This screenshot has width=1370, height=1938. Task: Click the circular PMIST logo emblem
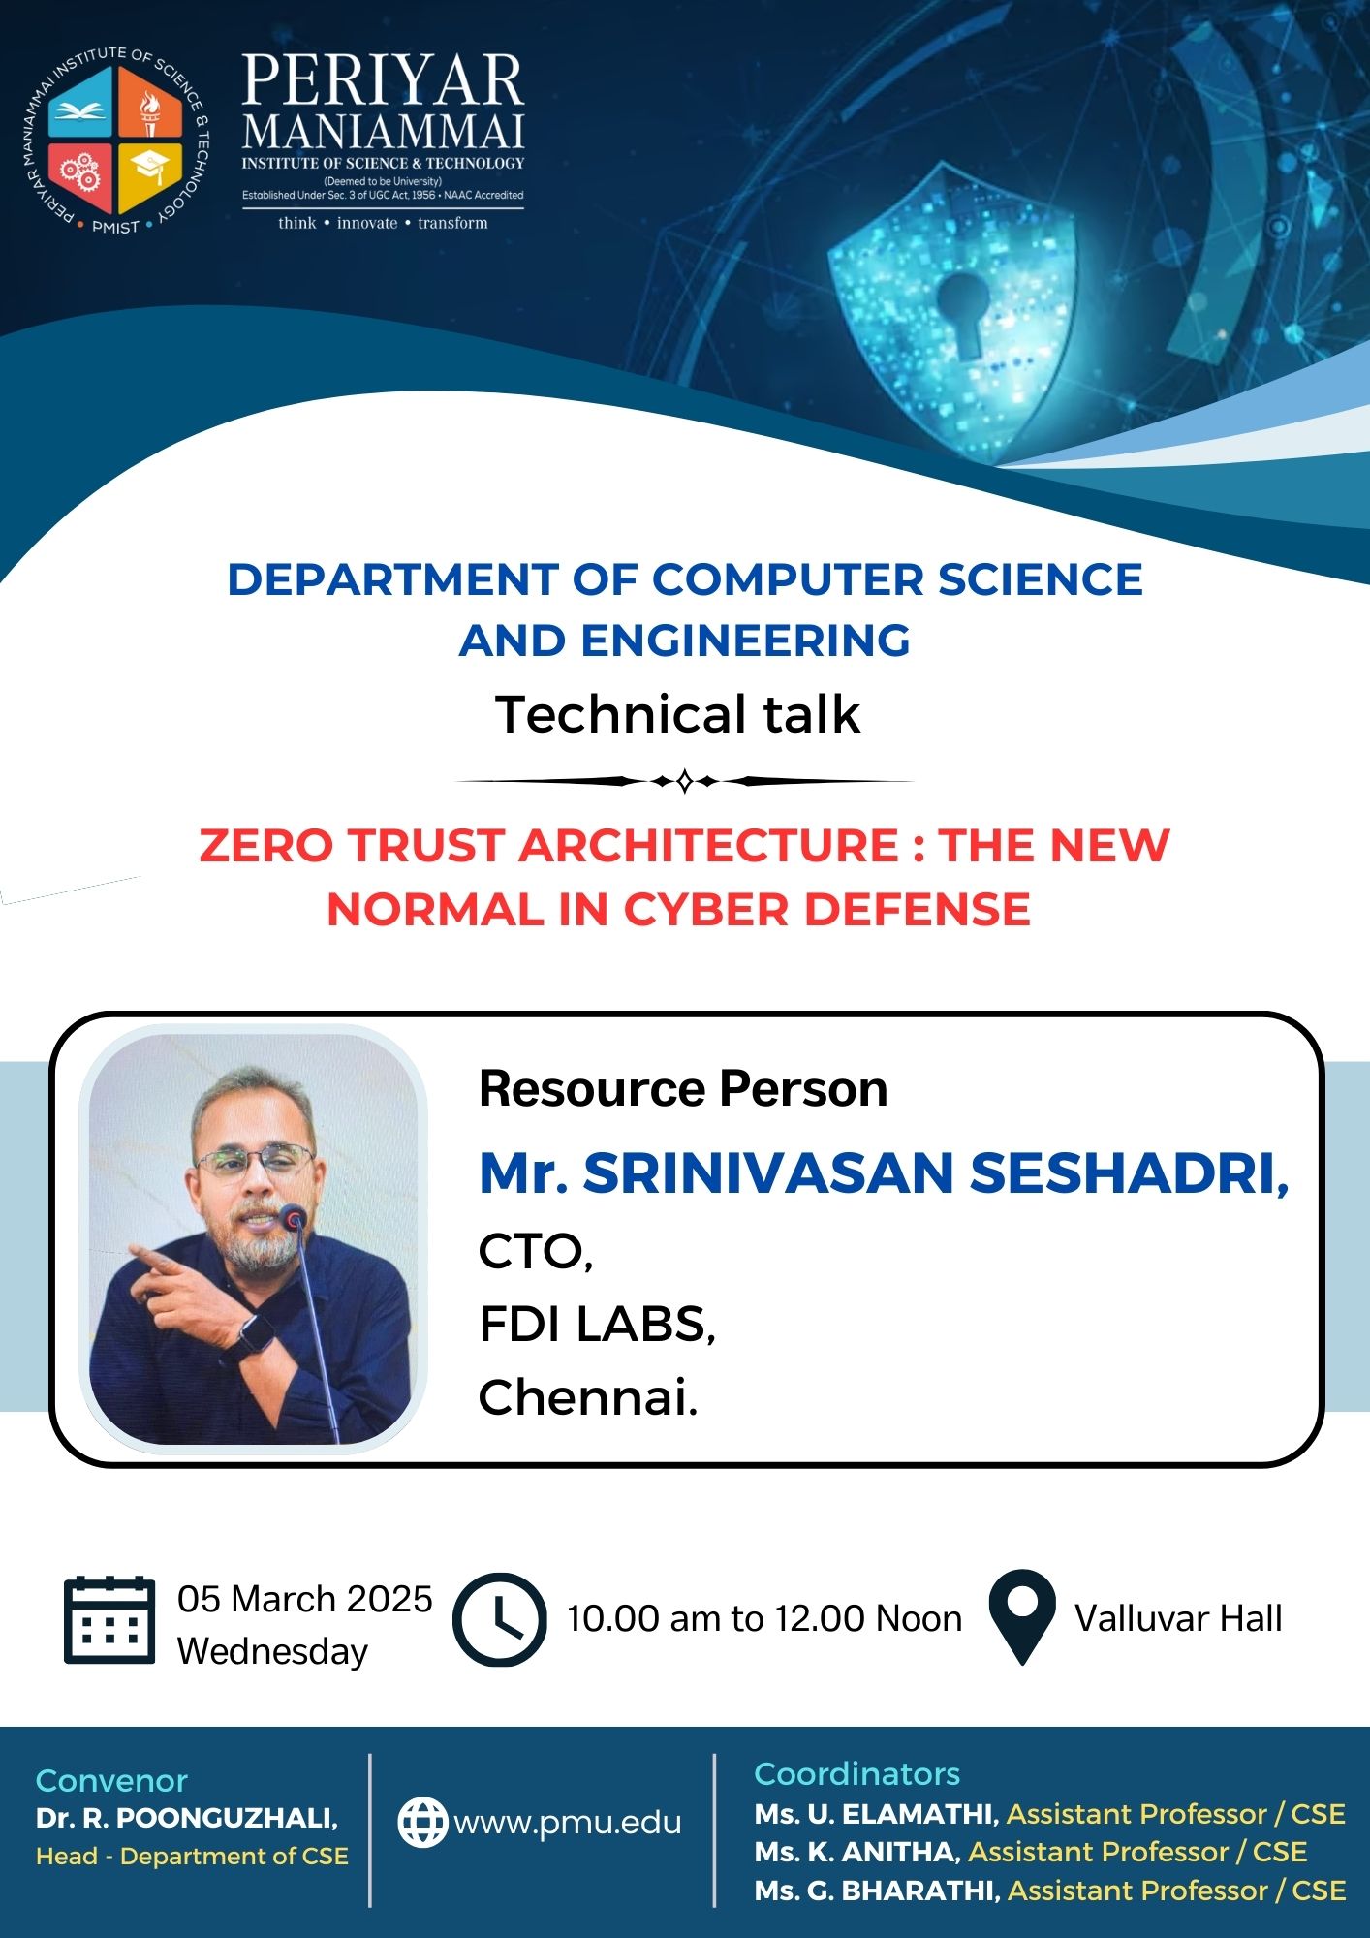[115, 141]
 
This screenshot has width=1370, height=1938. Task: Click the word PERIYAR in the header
[383, 80]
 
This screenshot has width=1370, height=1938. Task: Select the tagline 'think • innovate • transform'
[383, 223]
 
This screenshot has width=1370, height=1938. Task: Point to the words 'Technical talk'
[678, 715]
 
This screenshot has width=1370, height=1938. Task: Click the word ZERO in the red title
[266, 845]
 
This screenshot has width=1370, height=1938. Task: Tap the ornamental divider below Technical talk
[684, 781]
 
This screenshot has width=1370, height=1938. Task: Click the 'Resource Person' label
[683, 1088]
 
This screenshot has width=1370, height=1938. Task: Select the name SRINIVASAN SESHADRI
[935, 1172]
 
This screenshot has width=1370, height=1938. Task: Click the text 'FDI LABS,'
[597, 1324]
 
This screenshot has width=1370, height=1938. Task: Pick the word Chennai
[588, 1397]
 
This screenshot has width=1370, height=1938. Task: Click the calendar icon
[109, 1620]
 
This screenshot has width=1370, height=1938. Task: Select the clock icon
[500, 1620]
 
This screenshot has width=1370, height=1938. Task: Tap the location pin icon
[1022, 1617]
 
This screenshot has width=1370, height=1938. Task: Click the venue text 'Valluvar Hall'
[1178, 1618]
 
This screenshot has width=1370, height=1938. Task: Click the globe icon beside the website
[423, 1823]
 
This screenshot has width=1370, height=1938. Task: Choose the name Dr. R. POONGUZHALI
[187, 1818]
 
